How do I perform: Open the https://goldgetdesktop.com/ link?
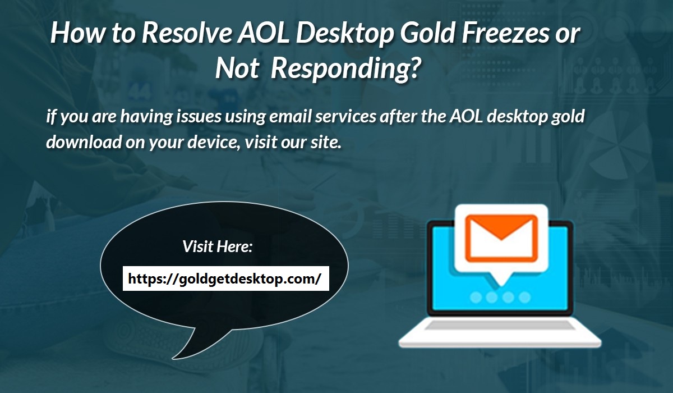point(225,278)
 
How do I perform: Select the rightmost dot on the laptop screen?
point(524,296)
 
